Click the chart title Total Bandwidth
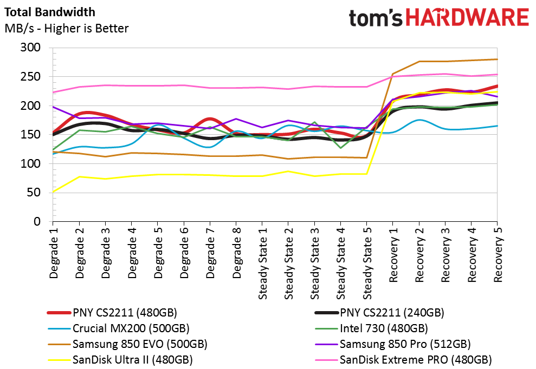tap(50, 12)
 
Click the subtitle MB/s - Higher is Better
tap(67, 28)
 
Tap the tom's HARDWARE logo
tap(439, 18)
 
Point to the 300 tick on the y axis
tap(30, 48)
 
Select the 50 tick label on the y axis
tap(34, 193)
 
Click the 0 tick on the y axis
tap(37, 221)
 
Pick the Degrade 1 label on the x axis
tap(54, 253)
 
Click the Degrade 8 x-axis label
tap(236, 253)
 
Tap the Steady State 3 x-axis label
tap(315, 263)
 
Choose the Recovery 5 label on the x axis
tap(498, 255)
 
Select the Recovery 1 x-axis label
tap(393, 255)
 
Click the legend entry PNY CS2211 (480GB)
tap(112, 312)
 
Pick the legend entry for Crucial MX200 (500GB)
tap(118, 328)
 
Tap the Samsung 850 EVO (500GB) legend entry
tap(127, 344)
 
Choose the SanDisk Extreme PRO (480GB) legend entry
tap(403, 360)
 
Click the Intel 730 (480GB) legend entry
tap(371, 328)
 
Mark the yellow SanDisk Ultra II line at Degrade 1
tap(53, 192)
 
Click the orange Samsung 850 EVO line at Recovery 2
tap(419, 62)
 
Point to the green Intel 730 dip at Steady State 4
tap(341, 148)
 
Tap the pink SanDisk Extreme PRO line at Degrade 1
tap(53, 92)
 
